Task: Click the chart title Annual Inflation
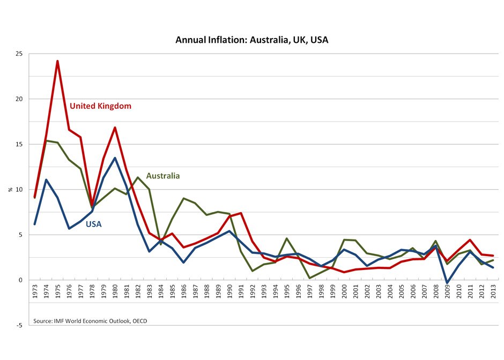pyautogui.click(x=251, y=40)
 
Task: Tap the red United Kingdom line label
pyautogui.click(x=100, y=106)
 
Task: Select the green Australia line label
pyautogui.click(x=162, y=176)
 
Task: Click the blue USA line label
pyautogui.click(x=93, y=224)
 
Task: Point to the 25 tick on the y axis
pyautogui.click(x=19, y=54)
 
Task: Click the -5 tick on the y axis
pyautogui.click(x=20, y=325)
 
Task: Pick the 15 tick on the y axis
pyautogui.click(x=19, y=144)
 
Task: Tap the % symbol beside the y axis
pyautogui.click(x=10, y=189)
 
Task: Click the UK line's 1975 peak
pyautogui.click(x=57, y=61)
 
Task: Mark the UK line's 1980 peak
pyautogui.click(x=115, y=127)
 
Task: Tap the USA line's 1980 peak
pyautogui.click(x=115, y=158)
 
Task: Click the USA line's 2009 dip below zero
pyautogui.click(x=447, y=282)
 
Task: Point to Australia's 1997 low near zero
pyautogui.click(x=310, y=278)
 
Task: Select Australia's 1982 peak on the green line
pyautogui.click(x=138, y=177)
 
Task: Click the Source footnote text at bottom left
pyautogui.click(x=90, y=321)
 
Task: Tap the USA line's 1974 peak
pyautogui.click(x=46, y=180)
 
